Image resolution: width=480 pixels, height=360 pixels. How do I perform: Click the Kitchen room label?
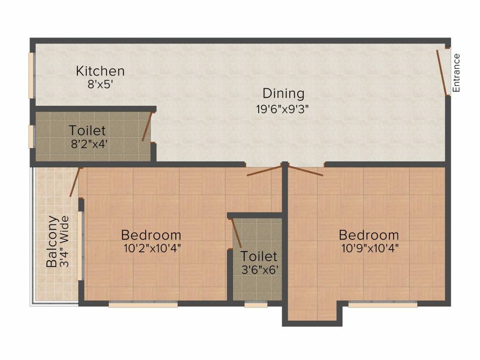tap(100, 71)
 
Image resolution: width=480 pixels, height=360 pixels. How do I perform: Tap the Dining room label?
tap(283, 93)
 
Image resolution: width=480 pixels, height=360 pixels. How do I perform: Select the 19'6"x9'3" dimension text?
tap(283, 109)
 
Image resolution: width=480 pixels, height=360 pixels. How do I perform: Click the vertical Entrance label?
tap(456, 73)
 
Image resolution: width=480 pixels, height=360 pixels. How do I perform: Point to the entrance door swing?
tap(441, 73)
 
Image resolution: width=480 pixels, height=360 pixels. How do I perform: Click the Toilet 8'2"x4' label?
tap(88, 130)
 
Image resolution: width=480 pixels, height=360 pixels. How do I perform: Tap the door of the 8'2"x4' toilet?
tap(147, 127)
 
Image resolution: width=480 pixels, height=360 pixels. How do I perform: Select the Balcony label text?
tap(52, 241)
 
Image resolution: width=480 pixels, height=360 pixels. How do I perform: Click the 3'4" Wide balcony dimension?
tap(65, 241)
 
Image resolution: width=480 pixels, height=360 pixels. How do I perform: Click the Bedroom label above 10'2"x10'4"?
tap(151, 235)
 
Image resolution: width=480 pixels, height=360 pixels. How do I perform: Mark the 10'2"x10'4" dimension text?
tap(152, 248)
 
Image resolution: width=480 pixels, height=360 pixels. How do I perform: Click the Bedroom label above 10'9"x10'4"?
tap(369, 235)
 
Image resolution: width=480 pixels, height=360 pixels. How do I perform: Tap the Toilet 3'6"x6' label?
tap(259, 256)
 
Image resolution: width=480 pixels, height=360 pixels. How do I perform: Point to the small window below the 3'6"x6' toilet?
tap(256, 304)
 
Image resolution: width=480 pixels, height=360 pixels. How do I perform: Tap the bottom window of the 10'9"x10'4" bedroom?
tap(382, 304)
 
